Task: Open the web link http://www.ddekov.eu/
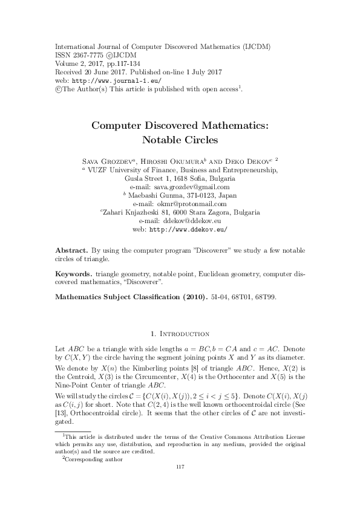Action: [x=188, y=230]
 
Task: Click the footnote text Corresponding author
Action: [x=94, y=459]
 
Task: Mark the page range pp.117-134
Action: [x=115, y=63]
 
